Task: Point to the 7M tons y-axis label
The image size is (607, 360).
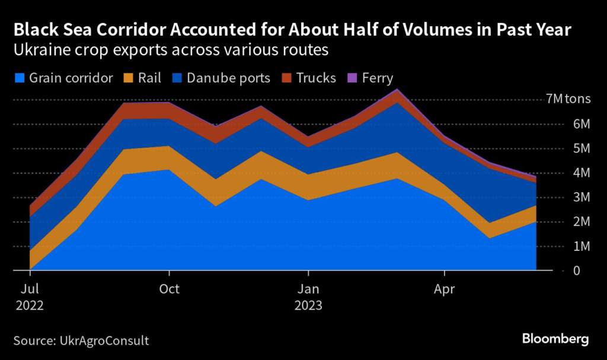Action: (568, 99)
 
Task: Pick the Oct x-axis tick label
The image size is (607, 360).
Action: (170, 290)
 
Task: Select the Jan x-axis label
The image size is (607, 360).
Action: (309, 290)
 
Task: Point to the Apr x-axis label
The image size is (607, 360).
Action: (445, 290)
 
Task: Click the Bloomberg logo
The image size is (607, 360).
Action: (555, 339)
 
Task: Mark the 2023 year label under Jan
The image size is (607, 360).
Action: (309, 307)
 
